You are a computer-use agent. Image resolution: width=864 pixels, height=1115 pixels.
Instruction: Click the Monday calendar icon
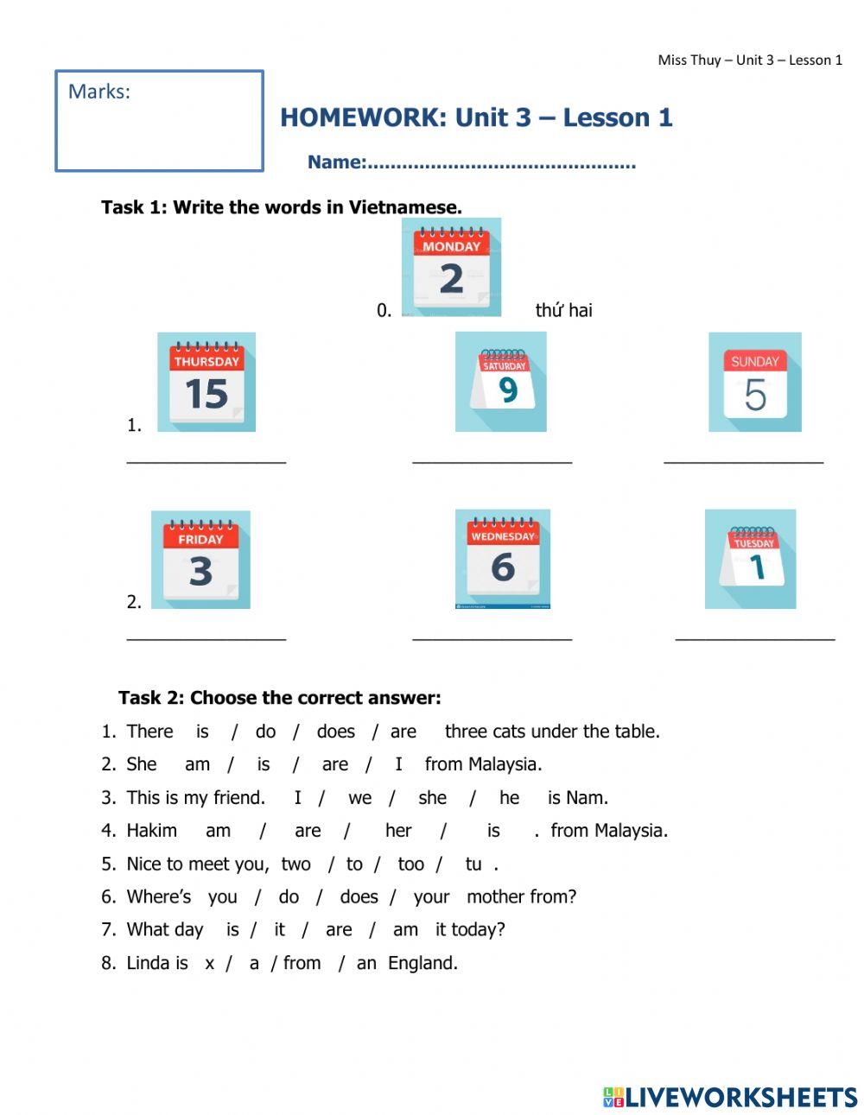click(x=451, y=267)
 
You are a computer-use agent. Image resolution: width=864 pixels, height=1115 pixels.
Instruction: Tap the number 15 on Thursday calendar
click(x=206, y=394)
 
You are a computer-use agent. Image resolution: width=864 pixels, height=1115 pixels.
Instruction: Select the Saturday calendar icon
click(x=501, y=382)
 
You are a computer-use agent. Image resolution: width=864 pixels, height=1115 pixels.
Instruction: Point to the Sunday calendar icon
click(x=755, y=382)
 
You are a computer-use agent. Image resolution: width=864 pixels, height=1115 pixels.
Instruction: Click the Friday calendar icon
click(x=200, y=560)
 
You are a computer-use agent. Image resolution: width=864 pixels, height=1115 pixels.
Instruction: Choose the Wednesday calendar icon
click(x=503, y=559)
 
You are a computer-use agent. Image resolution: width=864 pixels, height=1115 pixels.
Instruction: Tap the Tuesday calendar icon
click(x=750, y=559)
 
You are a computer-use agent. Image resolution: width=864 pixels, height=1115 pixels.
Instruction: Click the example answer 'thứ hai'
click(x=563, y=310)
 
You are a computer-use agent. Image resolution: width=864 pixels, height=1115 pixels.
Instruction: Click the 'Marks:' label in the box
click(x=98, y=92)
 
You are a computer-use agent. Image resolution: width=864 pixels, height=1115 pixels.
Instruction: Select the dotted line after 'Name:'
click(x=501, y=163)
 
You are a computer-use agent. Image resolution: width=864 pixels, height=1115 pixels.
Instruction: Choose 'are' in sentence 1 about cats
click(x=403, y=732)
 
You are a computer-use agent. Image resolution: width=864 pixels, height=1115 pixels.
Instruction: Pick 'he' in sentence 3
click(x=509, y=798)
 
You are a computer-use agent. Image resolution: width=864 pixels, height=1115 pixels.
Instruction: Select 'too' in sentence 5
click(x=410, y=864)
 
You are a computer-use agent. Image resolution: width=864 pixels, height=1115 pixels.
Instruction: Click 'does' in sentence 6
click(x=359, y=896)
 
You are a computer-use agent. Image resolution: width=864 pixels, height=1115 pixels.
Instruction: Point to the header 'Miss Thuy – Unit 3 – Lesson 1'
click(x=750, y=60)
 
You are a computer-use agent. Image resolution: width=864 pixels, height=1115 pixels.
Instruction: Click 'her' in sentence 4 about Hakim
click(x=397, y=831)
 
